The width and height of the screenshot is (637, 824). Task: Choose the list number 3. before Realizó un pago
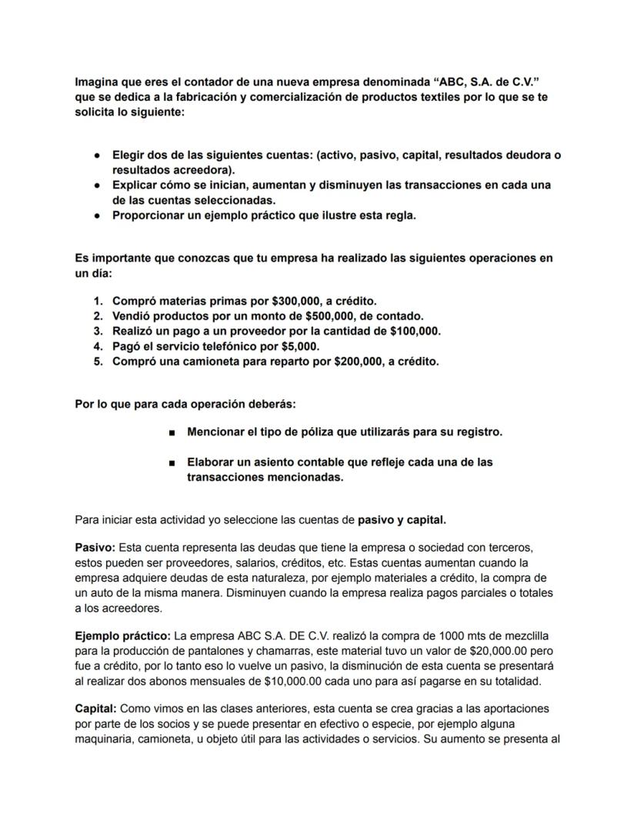click(x=98, y=331)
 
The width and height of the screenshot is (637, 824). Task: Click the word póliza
click(x=308, y=432)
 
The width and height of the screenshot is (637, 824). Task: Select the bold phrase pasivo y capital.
click(x=402, y=520)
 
